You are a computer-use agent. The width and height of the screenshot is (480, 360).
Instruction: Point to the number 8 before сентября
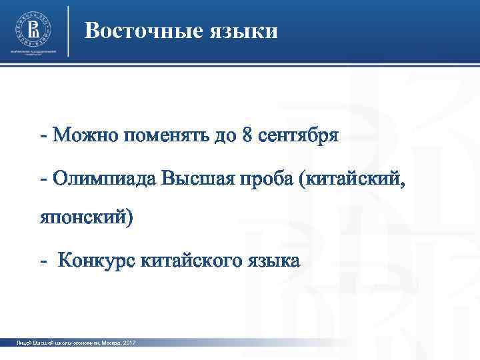tap(248, 136)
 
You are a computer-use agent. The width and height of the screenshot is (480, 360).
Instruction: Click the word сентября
tap(299, 136)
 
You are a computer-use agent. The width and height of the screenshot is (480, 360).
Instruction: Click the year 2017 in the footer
tap(129, 342)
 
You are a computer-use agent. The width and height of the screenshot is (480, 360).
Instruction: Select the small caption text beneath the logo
tap(32, 52)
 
